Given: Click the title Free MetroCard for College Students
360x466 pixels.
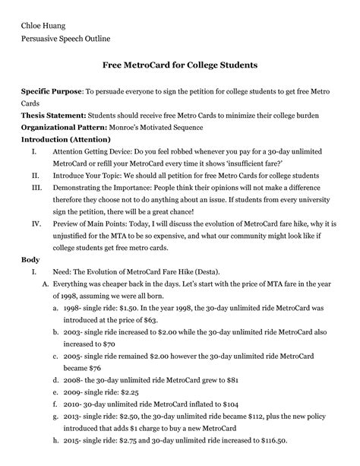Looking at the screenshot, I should [x=180, y=68].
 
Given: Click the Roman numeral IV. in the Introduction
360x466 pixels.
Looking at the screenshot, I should [x=33, y=224].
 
